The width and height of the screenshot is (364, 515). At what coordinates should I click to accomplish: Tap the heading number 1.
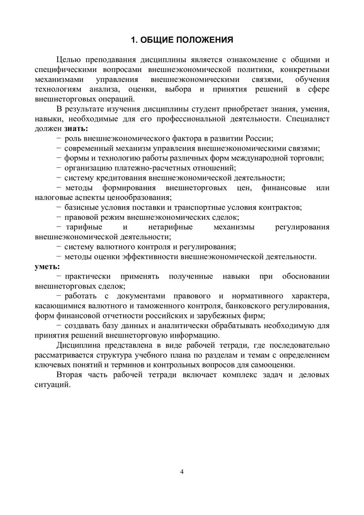[x=134, y=40]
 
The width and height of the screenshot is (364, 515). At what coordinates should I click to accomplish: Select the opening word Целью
[x=68, y=59]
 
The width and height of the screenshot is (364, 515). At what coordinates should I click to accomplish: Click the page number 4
[x=182, y=472]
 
